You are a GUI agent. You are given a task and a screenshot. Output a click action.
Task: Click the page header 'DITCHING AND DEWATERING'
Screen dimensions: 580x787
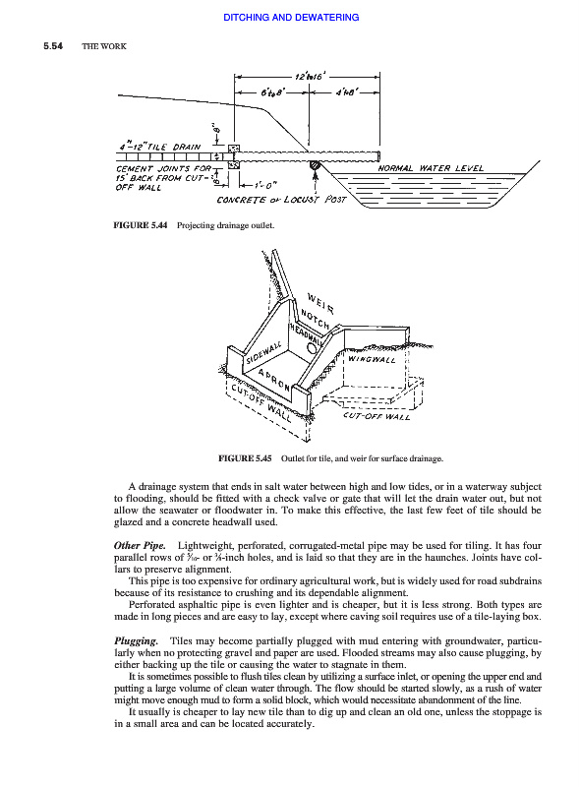pos(291,17)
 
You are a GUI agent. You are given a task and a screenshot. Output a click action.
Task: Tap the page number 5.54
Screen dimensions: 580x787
pos(53,46)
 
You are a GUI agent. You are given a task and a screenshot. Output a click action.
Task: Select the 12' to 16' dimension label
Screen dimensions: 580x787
pos(310,77)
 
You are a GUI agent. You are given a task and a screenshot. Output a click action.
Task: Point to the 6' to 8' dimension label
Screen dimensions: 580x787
pos(273,92)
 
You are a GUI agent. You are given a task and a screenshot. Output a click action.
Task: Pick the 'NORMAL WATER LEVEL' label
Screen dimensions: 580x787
pos(431,168)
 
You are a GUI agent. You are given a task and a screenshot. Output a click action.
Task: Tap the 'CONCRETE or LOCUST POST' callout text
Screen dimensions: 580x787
pos(281,200)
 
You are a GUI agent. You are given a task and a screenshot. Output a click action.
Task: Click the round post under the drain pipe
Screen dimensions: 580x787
pos(316,164)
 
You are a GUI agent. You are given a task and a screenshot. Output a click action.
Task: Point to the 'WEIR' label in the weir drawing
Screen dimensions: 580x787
pos(320,303)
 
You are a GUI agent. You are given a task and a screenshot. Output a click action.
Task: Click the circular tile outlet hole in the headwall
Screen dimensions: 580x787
pos(312,348)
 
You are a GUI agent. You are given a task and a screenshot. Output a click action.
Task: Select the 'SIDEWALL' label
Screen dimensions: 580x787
pos(263,353)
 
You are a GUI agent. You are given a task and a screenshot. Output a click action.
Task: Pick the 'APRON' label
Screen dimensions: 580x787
pos(274,380)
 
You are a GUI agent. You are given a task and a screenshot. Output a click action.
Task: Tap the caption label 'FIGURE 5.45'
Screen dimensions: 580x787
pos(245,458)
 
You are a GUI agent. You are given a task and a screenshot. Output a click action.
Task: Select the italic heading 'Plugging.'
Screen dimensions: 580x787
pos(136,641)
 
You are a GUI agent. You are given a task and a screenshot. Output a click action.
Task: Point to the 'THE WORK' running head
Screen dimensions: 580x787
pos(104,46)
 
